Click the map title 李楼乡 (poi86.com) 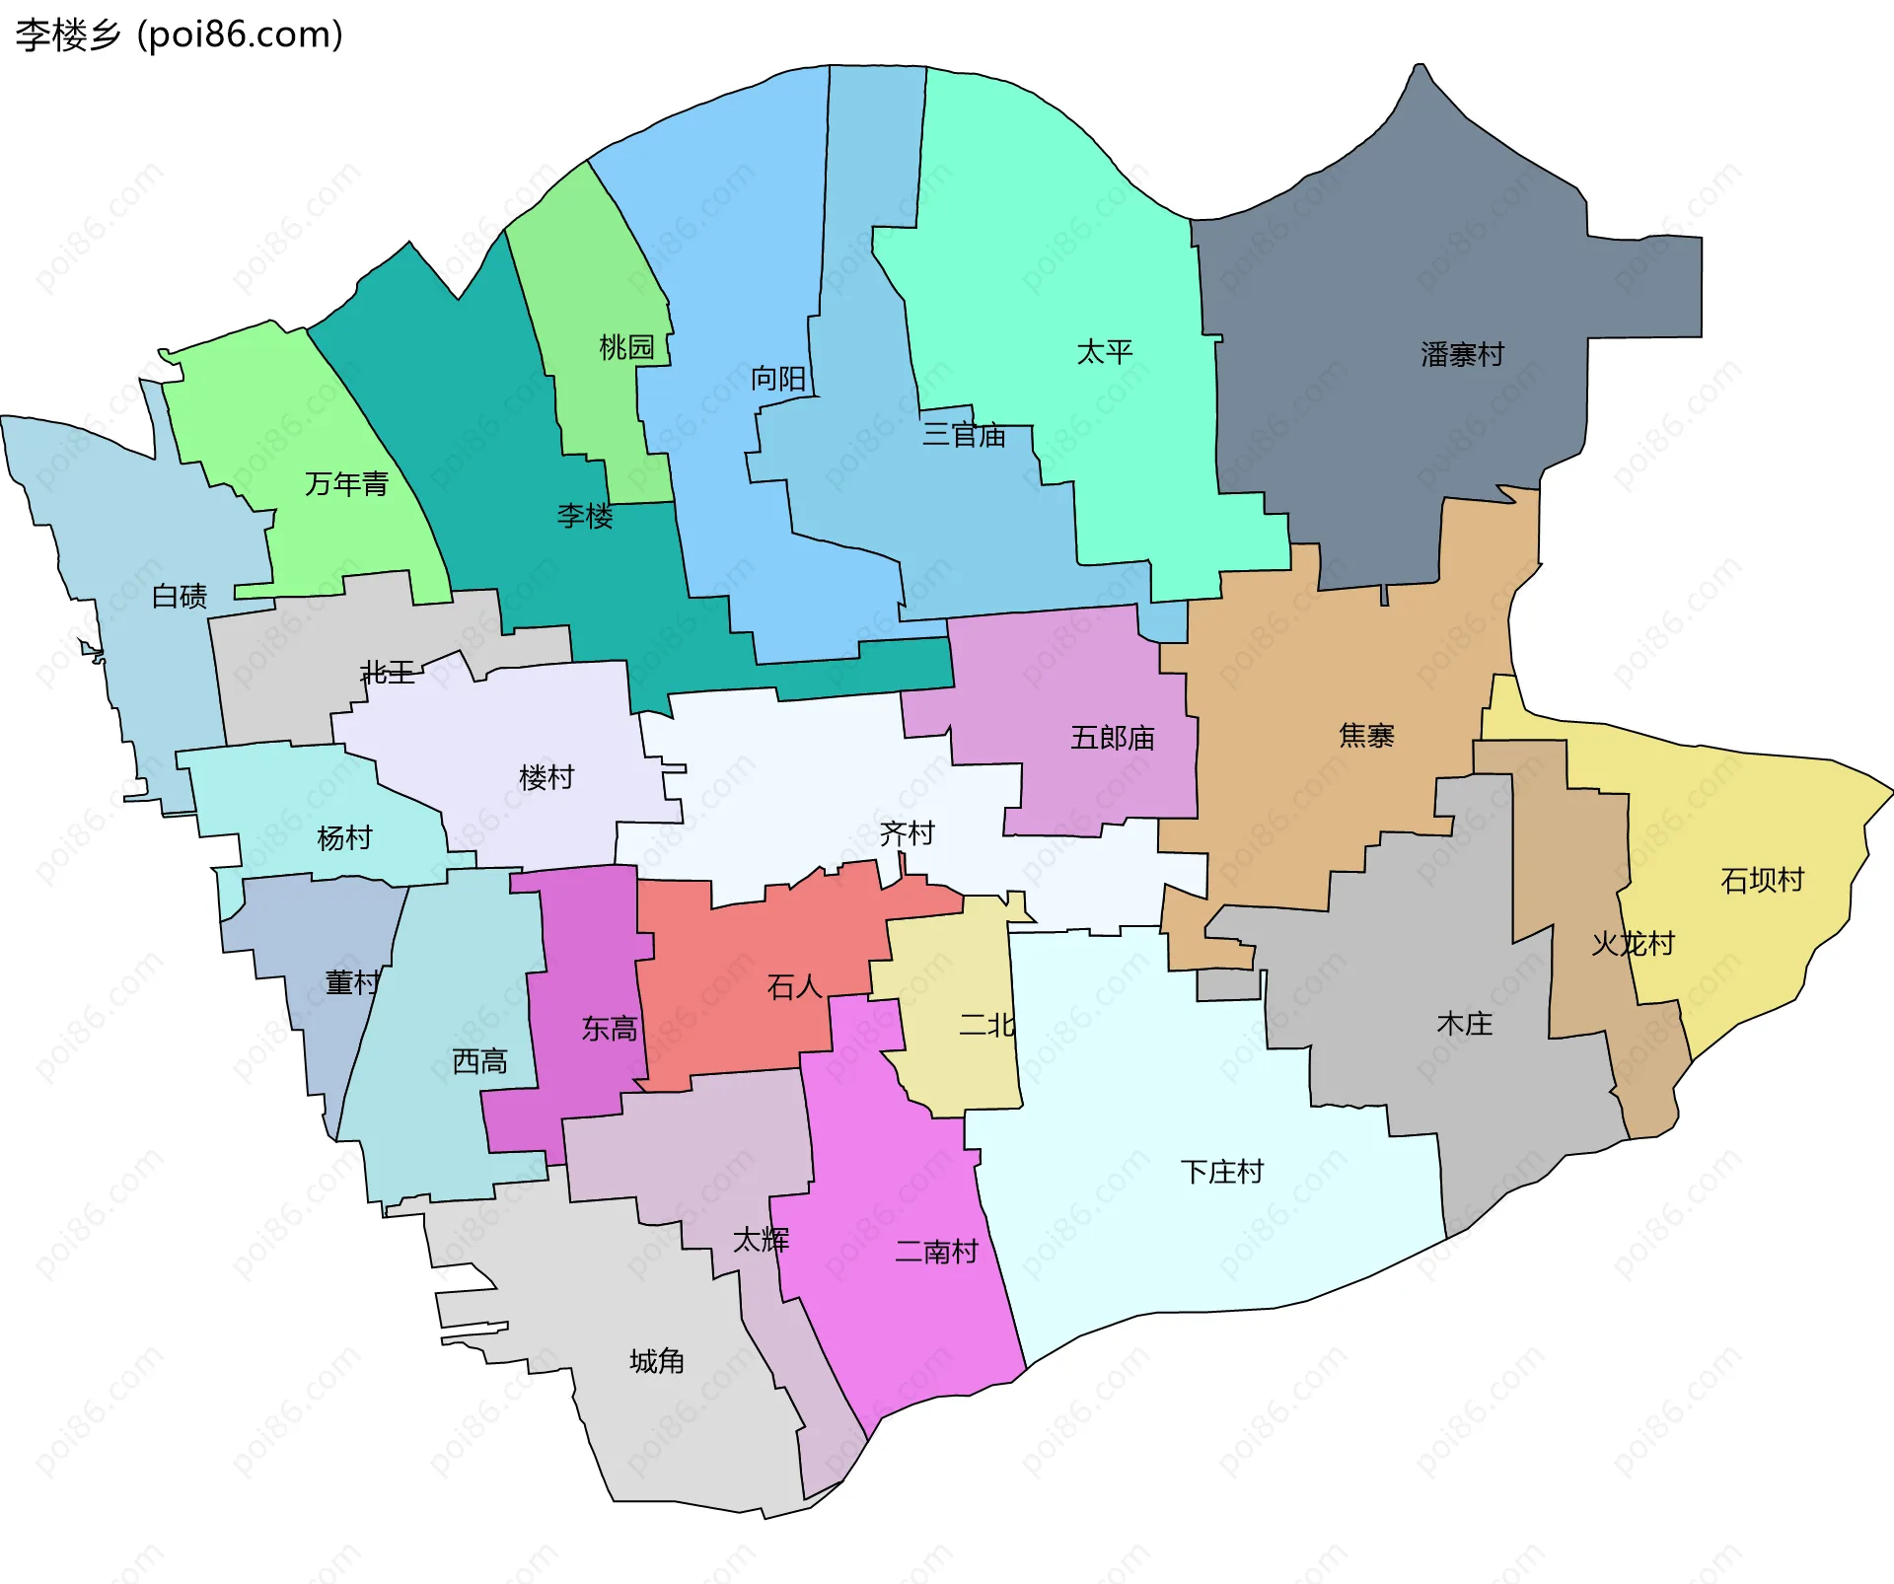pos(179,36)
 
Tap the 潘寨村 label pos(1462,354)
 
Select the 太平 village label pos(1104,351)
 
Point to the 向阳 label pos(778,378)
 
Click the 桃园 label pos(626,346)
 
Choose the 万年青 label pos(346,483)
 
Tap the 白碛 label pos(180,596)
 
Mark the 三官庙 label pos(964,434)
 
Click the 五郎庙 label pos(1112,737)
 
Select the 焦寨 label pos(1366,735)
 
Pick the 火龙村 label pos(1633,943)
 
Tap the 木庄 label pos(1464,1023)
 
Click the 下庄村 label pos(1221,1171)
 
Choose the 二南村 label pos(936,1251)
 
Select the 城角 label pos(657,1361)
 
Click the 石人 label pos(794,986)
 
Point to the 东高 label pos(610,1029)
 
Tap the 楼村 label pos(546,777)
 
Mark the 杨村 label pos(344,837)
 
